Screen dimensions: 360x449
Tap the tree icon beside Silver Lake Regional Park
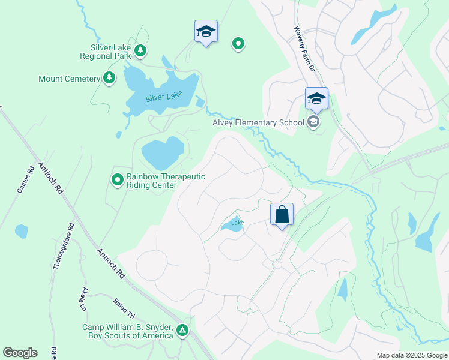pyautogui.click(x=140, y=50)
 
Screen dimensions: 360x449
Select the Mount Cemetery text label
pyautogui.click(x=69, y=79)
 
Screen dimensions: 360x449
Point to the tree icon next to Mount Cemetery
pyautogui.click(x=109, y=78)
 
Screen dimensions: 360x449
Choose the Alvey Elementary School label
pyautogui.click(x=259, y=123)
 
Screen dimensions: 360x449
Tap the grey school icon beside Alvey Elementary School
pyautogui.click(x=313, y=122)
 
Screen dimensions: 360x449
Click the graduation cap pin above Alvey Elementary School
pyautogui.click(x=316, y=98)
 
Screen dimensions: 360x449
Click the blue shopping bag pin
pyautogui.click(x=282, y=214)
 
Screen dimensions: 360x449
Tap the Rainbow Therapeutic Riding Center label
pyautogui.click(x=166, y=181)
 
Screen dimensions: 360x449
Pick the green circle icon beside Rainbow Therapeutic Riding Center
pyautogui.click(x=118, y=179)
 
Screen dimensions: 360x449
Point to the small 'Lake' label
pyautogui.click(x=238, y=223)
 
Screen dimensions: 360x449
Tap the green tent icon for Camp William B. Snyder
pyautogui.click(x=182, y=330)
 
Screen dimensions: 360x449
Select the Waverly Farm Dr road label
pyautogui.click(x=304, y=49)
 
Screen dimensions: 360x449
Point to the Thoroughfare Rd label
pyautogui.click(x=62, y=245)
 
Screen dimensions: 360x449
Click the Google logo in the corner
pyautogui.click(x=20, y=353)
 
